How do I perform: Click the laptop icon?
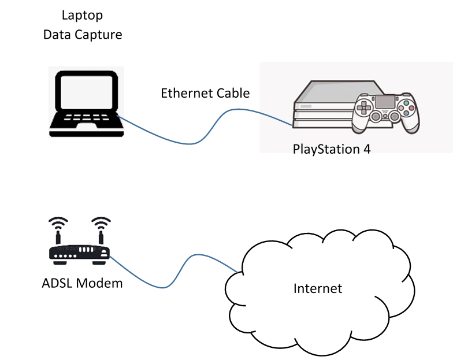(x=86, y=103)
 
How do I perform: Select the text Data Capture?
(x=83, y=35)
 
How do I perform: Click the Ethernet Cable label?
(x=205, y=93)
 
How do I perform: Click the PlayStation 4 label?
(x=332, y=149)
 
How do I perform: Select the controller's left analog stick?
(x=376, y=117)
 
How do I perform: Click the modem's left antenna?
(x=58, y=230)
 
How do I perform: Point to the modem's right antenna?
(x=101, y=230)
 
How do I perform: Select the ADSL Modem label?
(x=82, y=284)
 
